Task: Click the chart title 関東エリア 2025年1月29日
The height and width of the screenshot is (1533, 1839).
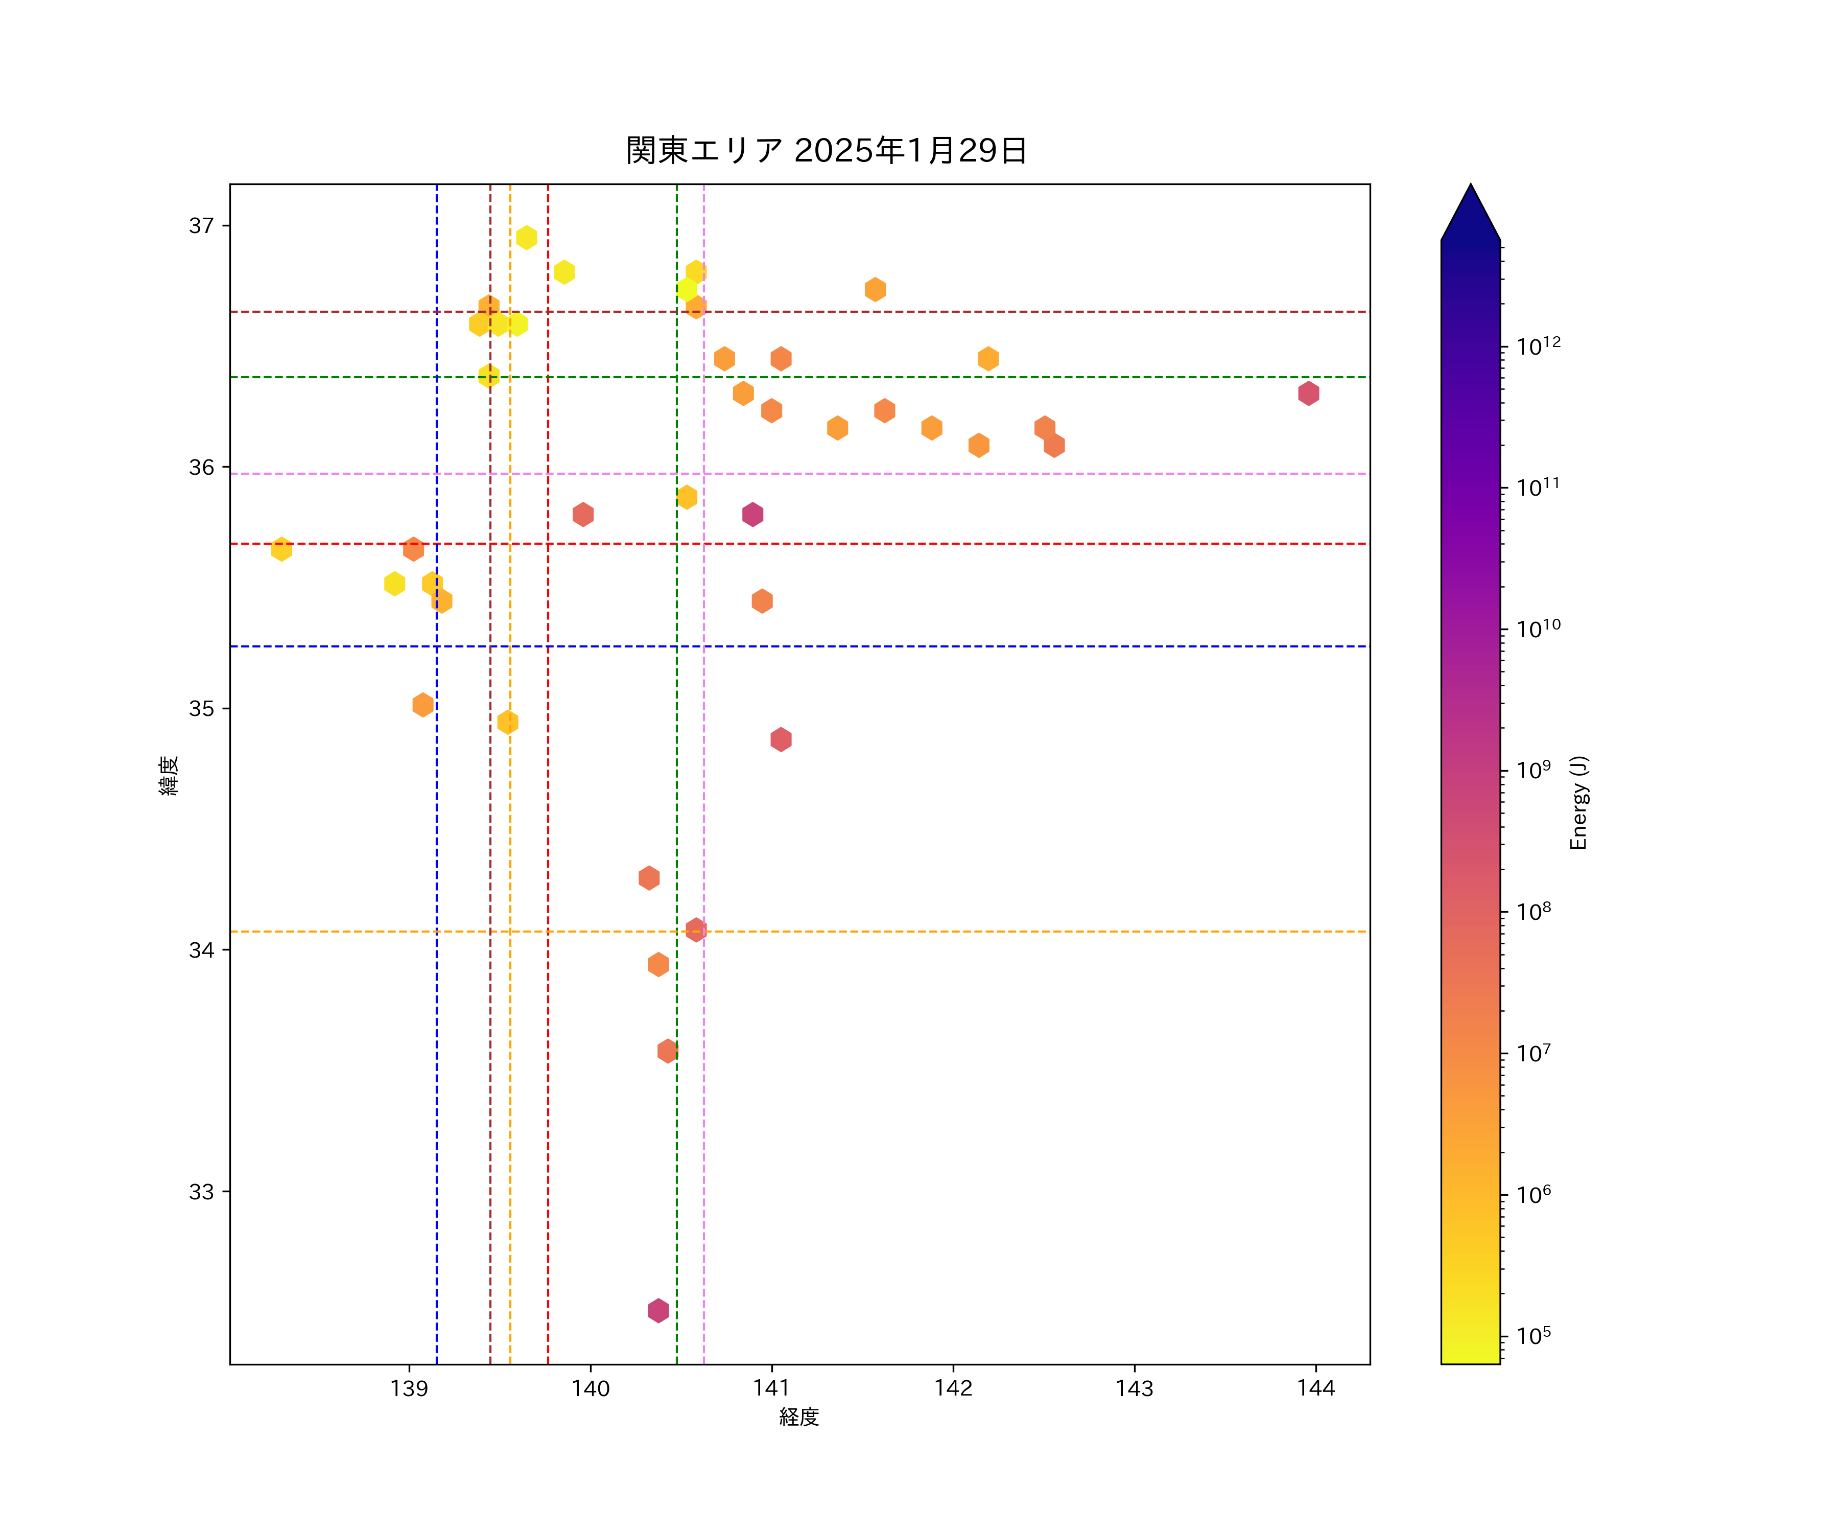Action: tap(826, 151)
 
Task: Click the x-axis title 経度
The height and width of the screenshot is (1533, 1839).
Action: tap(798, 1416)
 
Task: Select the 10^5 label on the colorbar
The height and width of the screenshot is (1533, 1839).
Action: tap(1534, 1336)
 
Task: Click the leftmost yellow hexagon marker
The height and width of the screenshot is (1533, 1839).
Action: tap(281, 549)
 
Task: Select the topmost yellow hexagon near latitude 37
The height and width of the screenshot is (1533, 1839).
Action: tap(526, 238)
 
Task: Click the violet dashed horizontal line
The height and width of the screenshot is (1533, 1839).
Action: tap(1051, 474)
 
